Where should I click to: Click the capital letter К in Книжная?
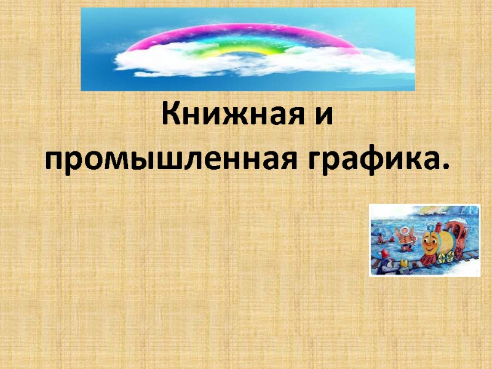coord(171,114)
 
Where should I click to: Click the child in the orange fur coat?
coord(405,237)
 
